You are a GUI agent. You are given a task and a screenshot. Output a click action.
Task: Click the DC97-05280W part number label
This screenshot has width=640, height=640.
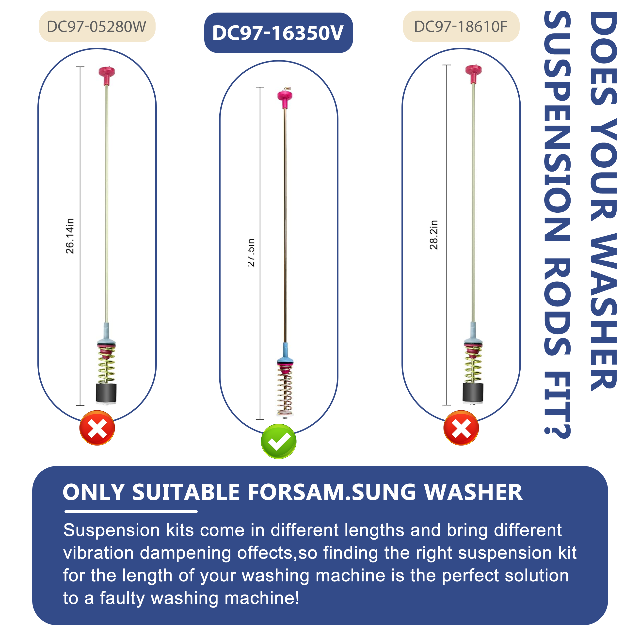coord(97,27)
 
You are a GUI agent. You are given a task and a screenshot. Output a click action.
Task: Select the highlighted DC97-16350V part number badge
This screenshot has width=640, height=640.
coord(278,33)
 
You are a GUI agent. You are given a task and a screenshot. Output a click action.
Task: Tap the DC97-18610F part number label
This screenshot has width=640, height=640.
coord(461,27)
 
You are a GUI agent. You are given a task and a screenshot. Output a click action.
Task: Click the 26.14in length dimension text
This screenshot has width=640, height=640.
coord(70,236)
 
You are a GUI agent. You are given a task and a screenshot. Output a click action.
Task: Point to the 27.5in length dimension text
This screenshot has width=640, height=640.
coord(251,252)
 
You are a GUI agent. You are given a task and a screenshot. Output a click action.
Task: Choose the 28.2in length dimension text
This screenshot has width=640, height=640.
coord(434,235)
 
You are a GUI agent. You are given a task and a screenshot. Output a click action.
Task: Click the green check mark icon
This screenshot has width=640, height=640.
coord(279,441)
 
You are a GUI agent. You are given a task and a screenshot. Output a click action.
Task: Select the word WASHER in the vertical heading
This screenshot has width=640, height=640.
coord(604,312)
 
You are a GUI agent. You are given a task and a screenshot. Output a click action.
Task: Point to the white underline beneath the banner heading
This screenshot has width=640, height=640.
coord(131,512)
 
